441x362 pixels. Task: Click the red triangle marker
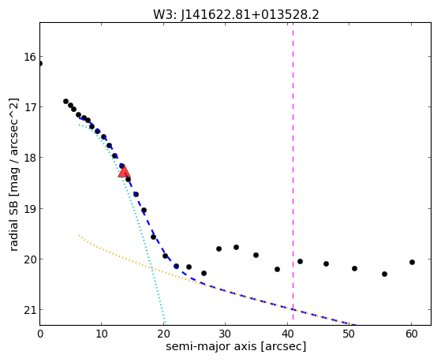(124, 171)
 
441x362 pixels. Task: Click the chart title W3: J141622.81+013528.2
(236, 14)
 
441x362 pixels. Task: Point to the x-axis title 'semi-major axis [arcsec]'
(236, 346)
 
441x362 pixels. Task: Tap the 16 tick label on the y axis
(30, 57)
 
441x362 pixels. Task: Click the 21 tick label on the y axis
(30, 310)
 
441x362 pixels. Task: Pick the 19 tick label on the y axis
(30, 209)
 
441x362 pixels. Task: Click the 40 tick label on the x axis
(287, 334)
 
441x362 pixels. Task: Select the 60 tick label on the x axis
(411, 334)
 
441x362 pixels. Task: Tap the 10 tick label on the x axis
(102, 334)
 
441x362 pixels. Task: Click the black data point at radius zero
(40, 64)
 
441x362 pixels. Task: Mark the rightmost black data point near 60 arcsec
(412, 262)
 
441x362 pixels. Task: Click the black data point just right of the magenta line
(300, 261)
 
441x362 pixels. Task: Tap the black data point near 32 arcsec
(236, 247)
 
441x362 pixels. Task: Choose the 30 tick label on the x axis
(225, 334)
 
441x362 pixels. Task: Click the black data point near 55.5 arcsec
(384, 274)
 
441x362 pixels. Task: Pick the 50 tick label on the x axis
(349, 334)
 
